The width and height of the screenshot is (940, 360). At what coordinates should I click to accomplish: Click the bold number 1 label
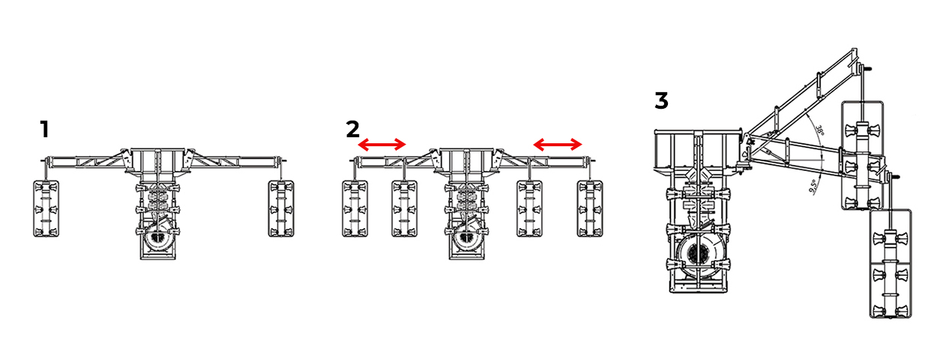(x=45, y=129)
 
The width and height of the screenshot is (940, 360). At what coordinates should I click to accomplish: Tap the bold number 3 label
(x=661, y=100)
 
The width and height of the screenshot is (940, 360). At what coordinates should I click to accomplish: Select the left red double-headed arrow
(x=382, y=145)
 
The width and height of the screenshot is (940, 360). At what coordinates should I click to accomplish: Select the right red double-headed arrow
(x=558, y=145)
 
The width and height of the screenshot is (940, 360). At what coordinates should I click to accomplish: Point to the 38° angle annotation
(x=819, y=130)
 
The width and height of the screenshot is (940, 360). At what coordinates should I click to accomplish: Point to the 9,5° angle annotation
(x=813, y=186)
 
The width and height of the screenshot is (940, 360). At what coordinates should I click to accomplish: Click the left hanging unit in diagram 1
(x=46, y=208)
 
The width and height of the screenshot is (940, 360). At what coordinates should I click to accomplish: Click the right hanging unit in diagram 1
(x=281, y=208)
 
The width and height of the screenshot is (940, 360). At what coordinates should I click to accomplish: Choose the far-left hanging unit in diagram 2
(x=355, y=208)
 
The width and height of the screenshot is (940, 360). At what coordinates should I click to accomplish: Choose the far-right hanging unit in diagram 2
(x=590, y=208)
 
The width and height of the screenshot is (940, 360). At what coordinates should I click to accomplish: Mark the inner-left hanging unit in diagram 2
(x=405, y=208)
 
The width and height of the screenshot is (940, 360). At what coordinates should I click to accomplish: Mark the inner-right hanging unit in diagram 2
(x=529, y=208)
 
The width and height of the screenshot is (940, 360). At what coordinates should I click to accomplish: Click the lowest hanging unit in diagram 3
(x=891, y=263)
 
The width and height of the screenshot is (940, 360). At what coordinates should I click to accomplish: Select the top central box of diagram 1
(x=157, y=159)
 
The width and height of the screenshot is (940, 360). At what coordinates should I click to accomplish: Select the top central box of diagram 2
(x=467, y=159)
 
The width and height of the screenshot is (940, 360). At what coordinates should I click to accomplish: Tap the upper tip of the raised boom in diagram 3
(x=854, y=49)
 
